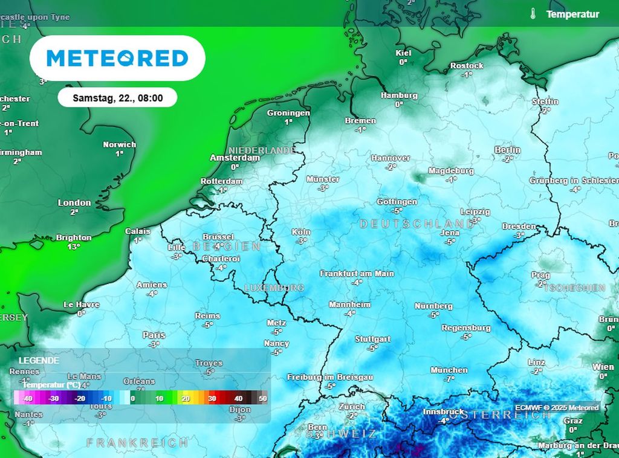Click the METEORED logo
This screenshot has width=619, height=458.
point(117,58)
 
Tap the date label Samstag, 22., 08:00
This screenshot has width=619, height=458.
point(117,97)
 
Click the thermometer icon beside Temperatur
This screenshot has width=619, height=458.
point(533,14)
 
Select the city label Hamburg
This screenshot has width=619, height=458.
point(399,95)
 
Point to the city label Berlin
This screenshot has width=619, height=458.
point(507,150)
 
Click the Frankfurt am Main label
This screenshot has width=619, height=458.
point(357,273)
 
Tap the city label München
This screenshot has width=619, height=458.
point(449,370)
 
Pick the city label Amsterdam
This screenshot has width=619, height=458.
point(234,158)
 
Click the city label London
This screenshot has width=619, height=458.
point(74,203)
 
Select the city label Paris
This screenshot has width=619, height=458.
point(154,335)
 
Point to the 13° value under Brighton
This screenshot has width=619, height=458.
point(74,247)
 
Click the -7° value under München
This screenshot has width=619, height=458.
point(449,379)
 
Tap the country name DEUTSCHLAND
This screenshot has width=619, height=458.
point(417,224)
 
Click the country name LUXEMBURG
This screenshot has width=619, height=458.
point(274,288)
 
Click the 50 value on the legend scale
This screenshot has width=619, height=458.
point(262,398)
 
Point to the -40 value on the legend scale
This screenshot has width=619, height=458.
point(27,398)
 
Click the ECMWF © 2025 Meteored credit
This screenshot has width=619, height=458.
point(557,407)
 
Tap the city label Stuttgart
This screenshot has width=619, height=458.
point(372,339)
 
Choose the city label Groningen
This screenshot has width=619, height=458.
point(288,113)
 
